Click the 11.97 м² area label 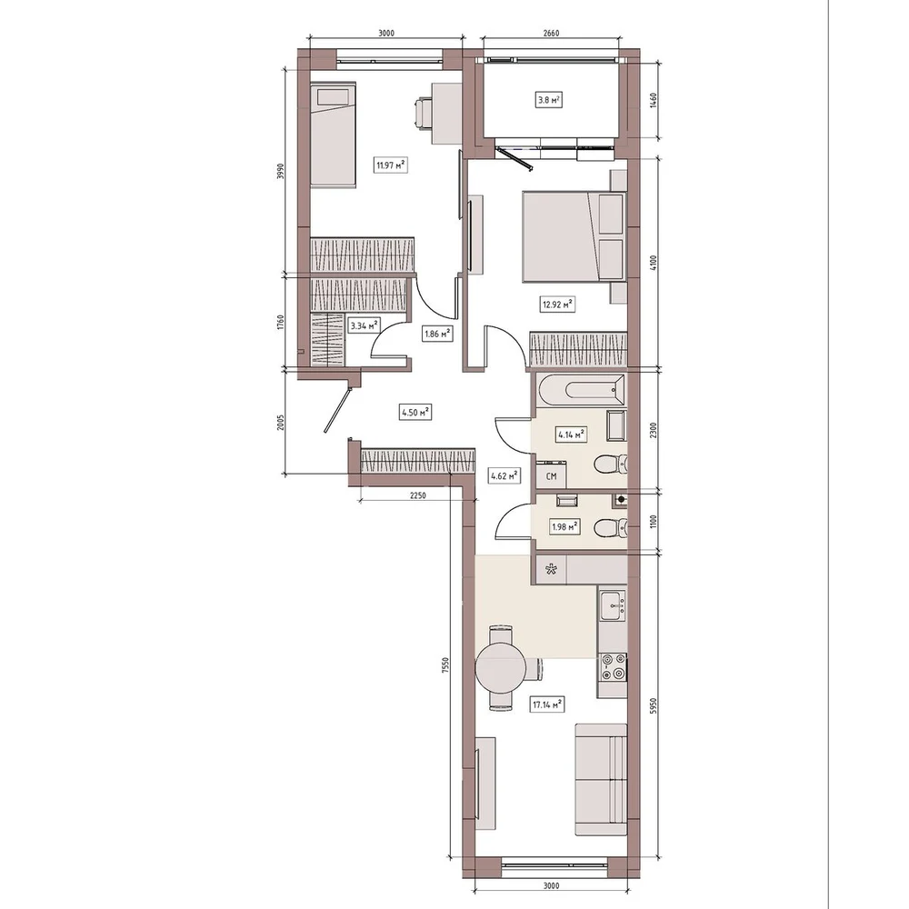click(391, 165)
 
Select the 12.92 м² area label click(558, 305)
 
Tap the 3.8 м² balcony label click(548, 100)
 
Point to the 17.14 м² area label click(547, 705)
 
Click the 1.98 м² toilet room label click(564, 527)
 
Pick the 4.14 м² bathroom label click(571, 435)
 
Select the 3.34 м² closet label click(365, 325)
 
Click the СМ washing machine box click(552, 475)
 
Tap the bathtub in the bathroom click(581, 390)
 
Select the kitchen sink click(612, 605)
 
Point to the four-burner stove click(613, 666)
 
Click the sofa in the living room click(601, 779)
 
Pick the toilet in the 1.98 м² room click(611, 527)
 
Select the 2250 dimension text click(417, 495)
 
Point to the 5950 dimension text click(653, 706)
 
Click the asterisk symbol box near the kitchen click(551, 569)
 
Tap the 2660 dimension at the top click(552, 33)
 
